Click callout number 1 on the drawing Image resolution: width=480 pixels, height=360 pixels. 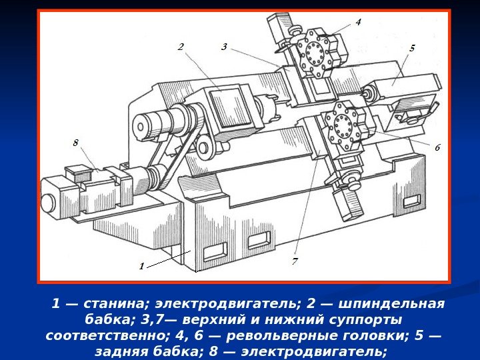(x=141, y=266)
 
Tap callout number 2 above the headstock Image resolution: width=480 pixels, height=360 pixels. (x=181, y=47)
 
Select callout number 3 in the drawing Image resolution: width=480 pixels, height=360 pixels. (x=225, y=47)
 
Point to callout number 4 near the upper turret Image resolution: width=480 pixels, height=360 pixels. (x=358, y=22)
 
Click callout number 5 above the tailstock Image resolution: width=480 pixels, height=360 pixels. (x=412, y=48)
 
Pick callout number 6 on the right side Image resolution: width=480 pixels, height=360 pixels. (x=437, y=147)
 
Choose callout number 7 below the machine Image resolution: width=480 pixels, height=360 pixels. (x=295, y=261)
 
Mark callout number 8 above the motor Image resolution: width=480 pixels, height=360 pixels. (x=75, y=143)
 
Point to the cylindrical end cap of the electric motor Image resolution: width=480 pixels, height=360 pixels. (x=49, y=203)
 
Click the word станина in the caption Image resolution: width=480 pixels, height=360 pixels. (x=116, y=304)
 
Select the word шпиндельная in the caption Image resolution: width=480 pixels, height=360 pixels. (x=391, y=304)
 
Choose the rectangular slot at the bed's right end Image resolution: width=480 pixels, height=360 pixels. (x=411, y=201)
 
